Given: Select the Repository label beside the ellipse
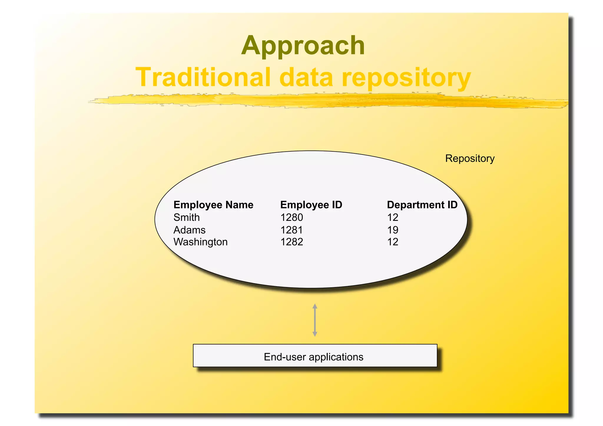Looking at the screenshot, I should [470, 158].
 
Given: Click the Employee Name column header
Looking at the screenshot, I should [213, 205].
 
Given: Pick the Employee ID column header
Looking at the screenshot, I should [311, 205].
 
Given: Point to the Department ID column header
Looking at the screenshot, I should [422, 205].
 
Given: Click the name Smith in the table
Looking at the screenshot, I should [186, 217].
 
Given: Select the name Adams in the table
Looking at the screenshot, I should [189, 230].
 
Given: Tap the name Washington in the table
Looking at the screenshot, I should [200, 242].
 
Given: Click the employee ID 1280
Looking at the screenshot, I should [291, 217].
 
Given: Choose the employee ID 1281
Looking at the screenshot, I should [291, 230].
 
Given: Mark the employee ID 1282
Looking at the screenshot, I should [291, 242].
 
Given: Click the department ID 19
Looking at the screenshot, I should [392, 230].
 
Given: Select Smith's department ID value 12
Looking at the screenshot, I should [392, 217].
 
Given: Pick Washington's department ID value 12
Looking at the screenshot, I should [392, 242].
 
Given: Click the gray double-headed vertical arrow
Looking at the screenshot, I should [315, 320].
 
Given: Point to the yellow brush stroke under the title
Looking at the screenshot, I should [324, 101].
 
